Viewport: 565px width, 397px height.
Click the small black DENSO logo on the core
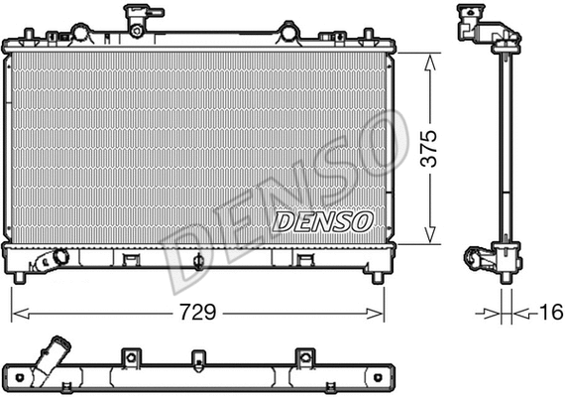pyautogui.click(x=322, y=220)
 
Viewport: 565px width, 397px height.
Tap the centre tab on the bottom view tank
pyautogui.click(x=198, y=356)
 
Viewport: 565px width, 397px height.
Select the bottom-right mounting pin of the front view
pyautogui.click(x=378, y=278)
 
